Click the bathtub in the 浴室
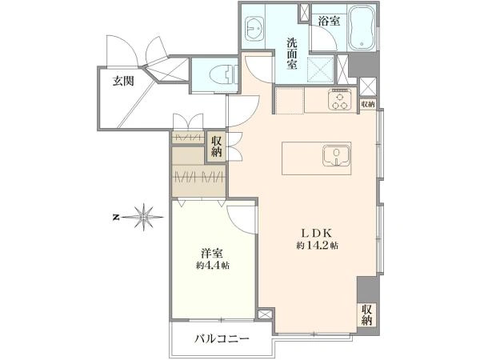[x=363, y=27]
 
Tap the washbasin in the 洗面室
[x=255, y=29]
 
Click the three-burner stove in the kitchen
[x=339, y=99]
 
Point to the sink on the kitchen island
[x=337, y=156]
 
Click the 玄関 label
[x=123, y=81]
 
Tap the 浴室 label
[x=329, y=21]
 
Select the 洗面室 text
[x=292, y=54]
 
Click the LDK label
[x=317, y=234]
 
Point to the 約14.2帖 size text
[x=317, y=246]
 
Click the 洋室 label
[x=211, y=254]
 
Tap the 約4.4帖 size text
[x=213, y=266]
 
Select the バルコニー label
[x=222, y=339]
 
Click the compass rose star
[x=143, y=217]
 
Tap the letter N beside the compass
[x=116, y=218]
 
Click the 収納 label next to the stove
[x=368, y=104]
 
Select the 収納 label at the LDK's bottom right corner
[x=366, y=314]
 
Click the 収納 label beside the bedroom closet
[x=217, y=146]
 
